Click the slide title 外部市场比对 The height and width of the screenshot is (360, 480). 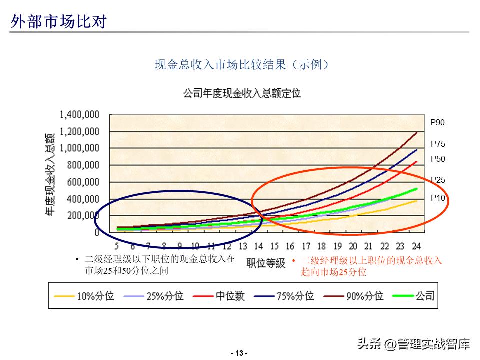(x=59, y=21)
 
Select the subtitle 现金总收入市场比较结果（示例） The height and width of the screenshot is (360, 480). (x=242, y=64)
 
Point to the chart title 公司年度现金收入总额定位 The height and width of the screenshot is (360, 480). (x=242, y=93)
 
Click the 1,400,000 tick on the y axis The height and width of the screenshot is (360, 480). (x=79, y=115)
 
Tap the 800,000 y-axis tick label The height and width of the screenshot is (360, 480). (x=83, y=165)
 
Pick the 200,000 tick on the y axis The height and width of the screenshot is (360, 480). (x=83, y=216)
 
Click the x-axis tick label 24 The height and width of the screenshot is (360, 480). (x=416, y=246)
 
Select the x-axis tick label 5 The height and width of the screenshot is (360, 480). (x=116, y=246)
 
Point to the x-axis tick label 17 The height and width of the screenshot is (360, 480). (x=306, y=246)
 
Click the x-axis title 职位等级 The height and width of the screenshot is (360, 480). (x=265, y=263)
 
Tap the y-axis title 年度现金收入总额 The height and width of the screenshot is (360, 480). (x=50, y=175)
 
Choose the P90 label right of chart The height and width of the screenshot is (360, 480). (x=437, y=122)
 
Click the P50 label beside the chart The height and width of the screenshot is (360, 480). (x=437, y=159)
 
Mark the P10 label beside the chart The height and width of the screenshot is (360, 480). (x=437, y=198)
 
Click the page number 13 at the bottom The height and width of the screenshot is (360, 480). (x=239, y=353)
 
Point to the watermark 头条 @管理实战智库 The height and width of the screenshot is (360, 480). (x=413, y=344)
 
